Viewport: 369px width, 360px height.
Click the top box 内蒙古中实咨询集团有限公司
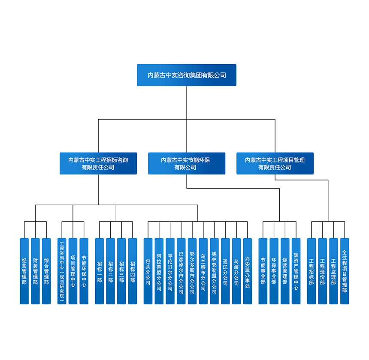click(x=187, y=75)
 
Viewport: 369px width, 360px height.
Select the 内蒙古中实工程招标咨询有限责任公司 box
click(x=98, y=163)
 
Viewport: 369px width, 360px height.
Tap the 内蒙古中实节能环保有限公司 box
click(x=187, y=163)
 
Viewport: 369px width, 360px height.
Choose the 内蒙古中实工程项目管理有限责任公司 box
click(x=275, y=163)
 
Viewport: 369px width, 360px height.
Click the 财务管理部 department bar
click(x=35, y=271)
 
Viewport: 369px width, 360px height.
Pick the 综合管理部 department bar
click(x=46, y=271)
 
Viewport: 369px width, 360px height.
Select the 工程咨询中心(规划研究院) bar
click(x=62, y=271)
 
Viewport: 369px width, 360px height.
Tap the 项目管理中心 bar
click(x=73, y=271)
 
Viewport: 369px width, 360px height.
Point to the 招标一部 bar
click(x=100, y=271)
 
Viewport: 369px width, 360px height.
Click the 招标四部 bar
click(x=133, y=271)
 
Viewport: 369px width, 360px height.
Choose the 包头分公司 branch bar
click(x=148, y=271)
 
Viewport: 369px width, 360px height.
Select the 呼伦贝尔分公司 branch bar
click(x=170, y=271)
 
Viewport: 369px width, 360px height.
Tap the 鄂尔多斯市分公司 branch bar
click(x=192, y=271)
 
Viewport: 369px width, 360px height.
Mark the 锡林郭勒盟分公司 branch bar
click(x=214, y=271)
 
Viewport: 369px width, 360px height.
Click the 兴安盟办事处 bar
click(x=248, y=271)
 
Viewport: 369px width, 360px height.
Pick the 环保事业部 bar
click(x=274, y=271)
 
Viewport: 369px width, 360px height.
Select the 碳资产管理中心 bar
click(x=296, y=271)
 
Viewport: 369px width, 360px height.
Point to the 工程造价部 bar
click(x=323, y=271)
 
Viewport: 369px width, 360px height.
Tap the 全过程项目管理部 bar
click(x=345, y=271)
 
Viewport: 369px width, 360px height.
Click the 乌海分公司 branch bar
click(x=236, y=271)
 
